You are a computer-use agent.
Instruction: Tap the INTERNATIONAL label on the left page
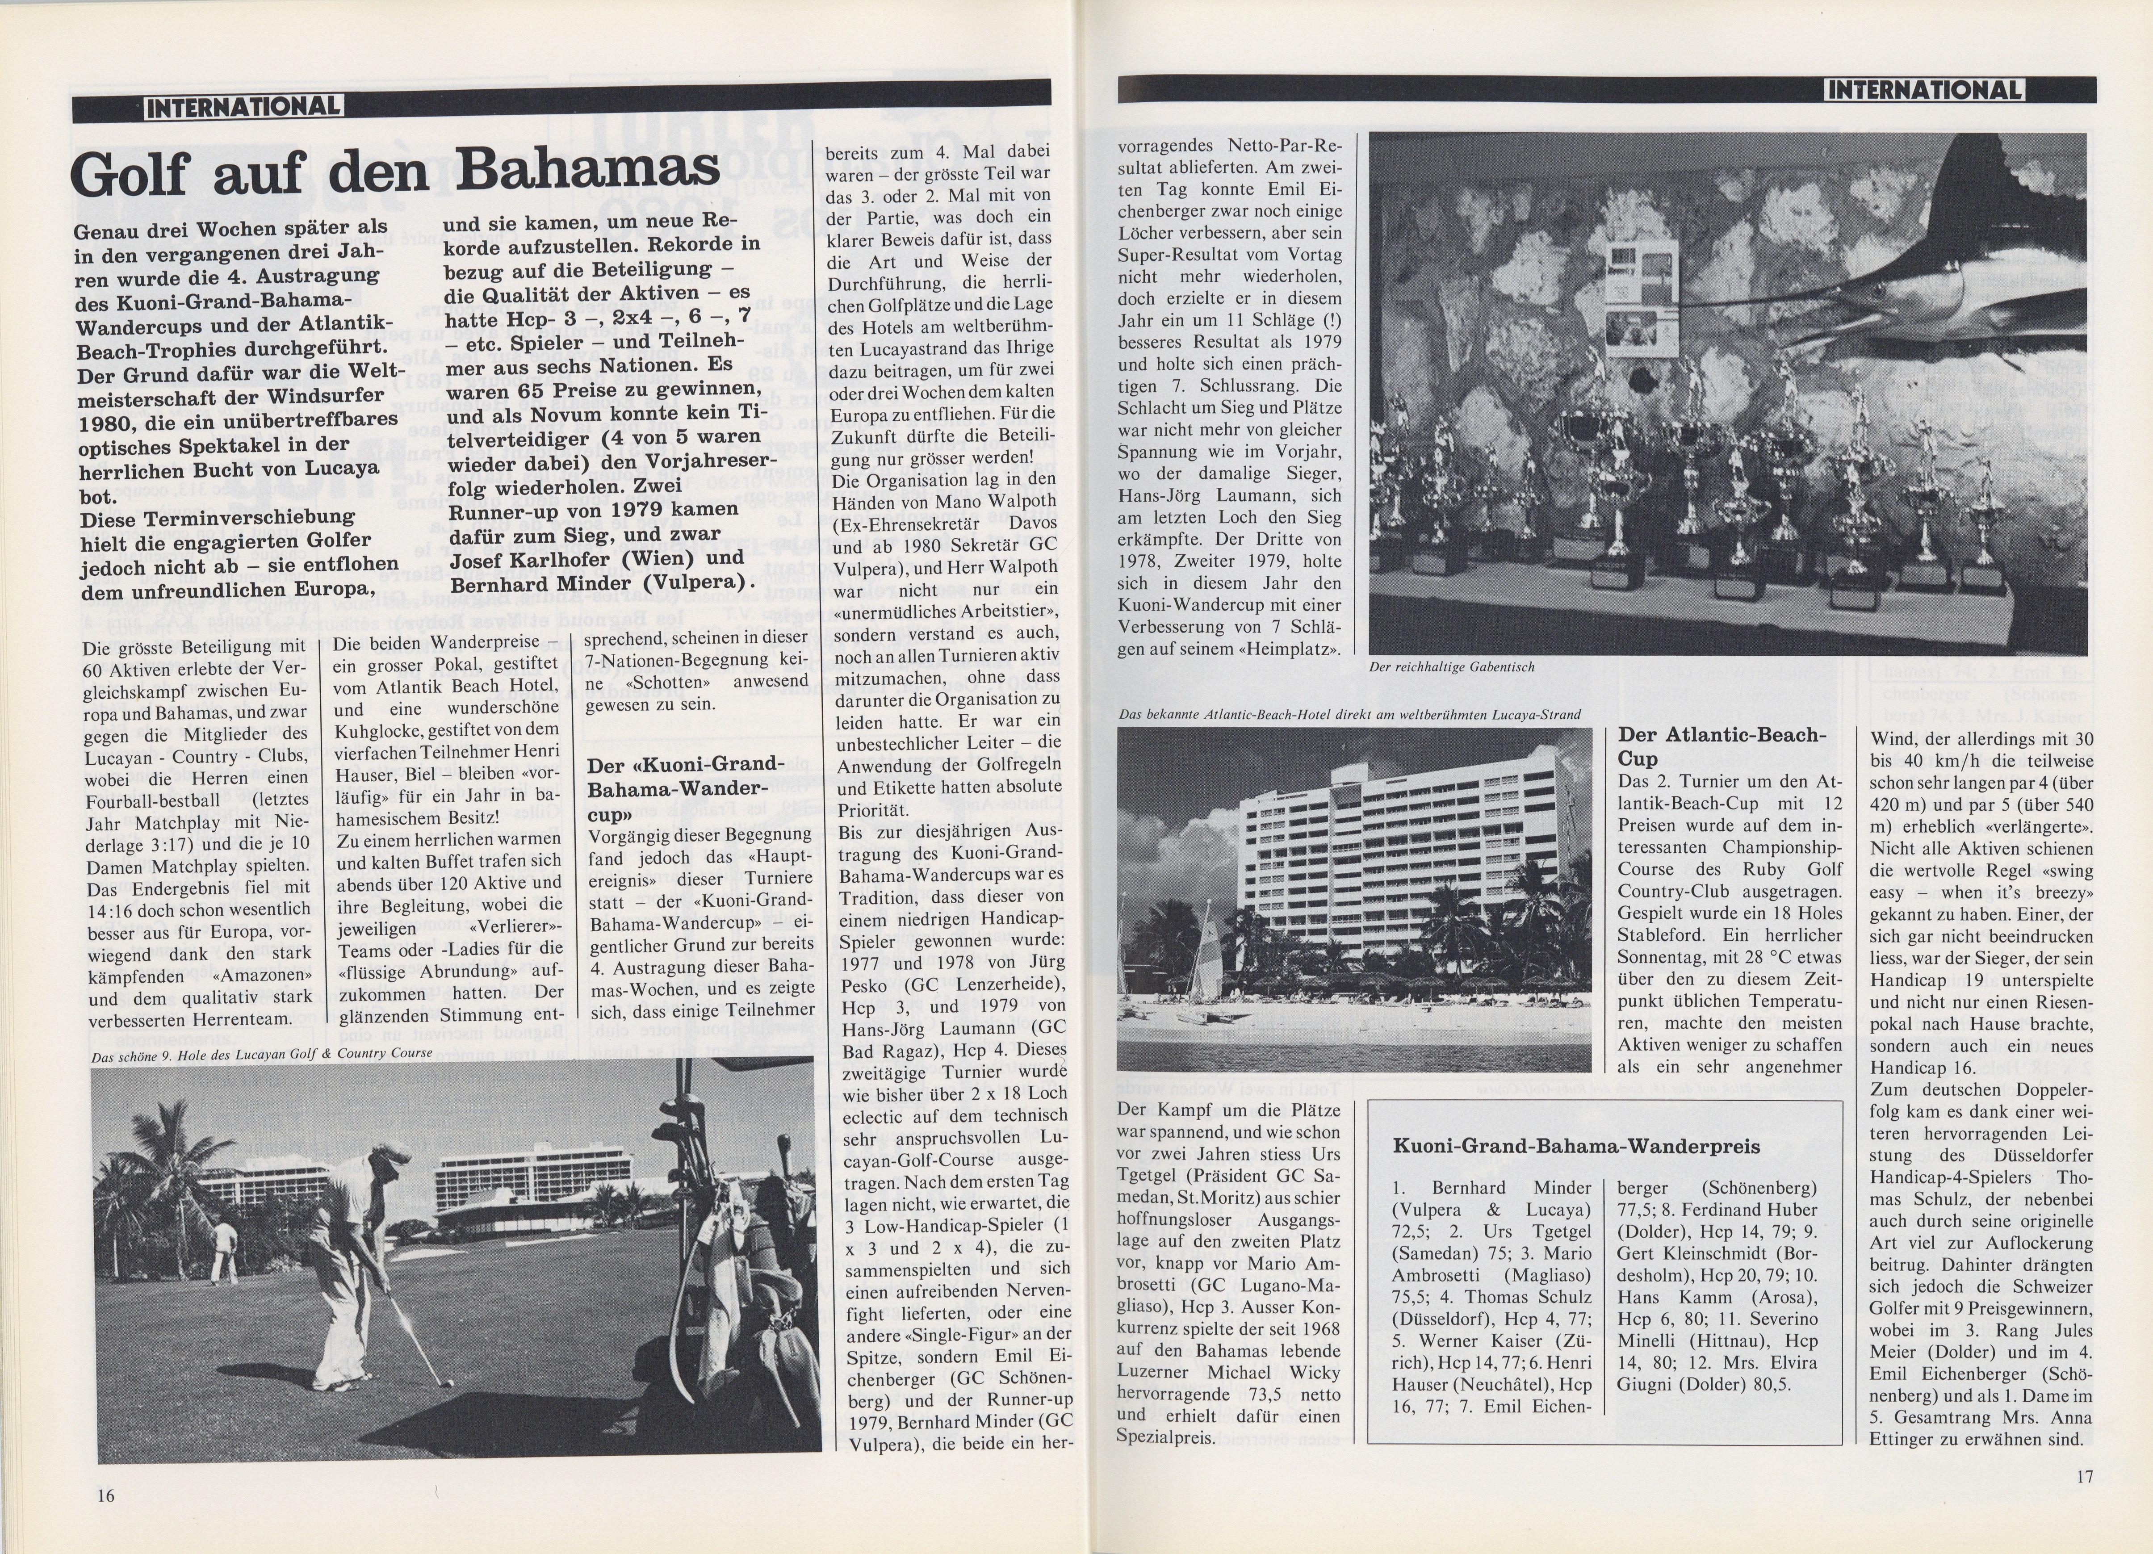[244, 106]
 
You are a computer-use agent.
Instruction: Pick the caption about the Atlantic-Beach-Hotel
[1350, 714]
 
